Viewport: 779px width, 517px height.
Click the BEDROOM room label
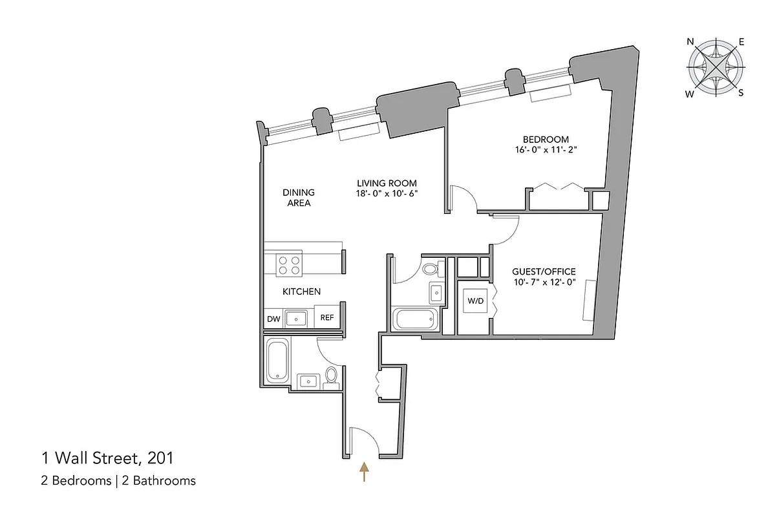546,140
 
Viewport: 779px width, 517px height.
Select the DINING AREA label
298,198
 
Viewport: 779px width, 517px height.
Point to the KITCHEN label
301,292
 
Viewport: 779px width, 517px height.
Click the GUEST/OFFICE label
544,272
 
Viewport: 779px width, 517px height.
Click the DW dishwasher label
273,319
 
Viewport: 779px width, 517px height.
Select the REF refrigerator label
327,318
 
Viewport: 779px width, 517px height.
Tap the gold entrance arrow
365,472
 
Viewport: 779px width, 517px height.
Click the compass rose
715,67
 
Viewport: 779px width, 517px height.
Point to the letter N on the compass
690,42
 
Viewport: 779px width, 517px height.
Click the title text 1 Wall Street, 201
107,459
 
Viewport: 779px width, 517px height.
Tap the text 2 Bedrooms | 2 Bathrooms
118,480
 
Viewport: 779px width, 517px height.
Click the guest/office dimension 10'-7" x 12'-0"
544,283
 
